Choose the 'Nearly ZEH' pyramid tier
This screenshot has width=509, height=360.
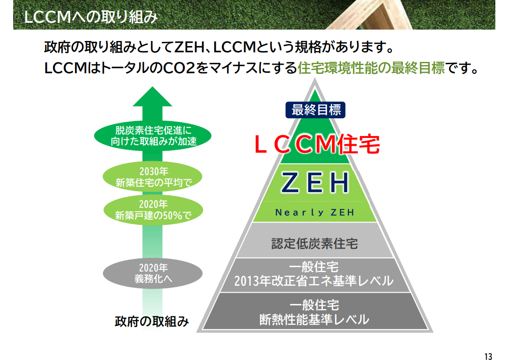pyautogui.click(x=315, y=213)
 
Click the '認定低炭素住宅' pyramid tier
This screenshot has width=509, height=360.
pyautogui.click(x=315, y=243)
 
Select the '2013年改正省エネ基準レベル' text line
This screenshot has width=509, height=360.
pyautogui.click(x=314, y=281)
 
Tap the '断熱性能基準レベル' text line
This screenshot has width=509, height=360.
pyautogui.click(x=314, y=319)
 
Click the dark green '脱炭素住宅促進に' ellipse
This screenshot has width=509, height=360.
pyautogui.click(x=153, y=136)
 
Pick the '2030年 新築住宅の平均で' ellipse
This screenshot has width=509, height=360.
pyautogui.click(x=153, y=177)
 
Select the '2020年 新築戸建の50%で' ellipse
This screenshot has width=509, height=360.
pyautogui.click(x=153, y=210)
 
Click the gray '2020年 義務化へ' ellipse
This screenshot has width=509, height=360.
pyautogui.click(x=153, y=273)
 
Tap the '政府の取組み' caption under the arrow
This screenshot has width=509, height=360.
pyautogui.click(x=152, y=322)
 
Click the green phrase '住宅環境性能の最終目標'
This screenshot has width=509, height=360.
pyautogui.click(x=371, y=68)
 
